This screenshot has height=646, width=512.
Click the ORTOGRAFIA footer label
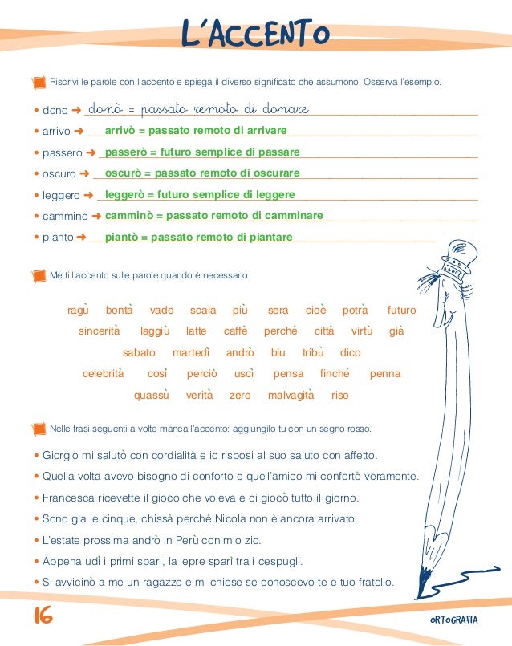[x=453, y=619]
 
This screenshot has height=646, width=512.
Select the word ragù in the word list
[x=77, y=310]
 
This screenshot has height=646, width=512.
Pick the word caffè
[x=235, y=331]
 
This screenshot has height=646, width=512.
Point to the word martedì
[x=191, y=352]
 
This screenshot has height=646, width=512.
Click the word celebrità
[x=104, y=373]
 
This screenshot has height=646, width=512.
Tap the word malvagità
[x=291, y=395]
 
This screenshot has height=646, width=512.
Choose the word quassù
[x=151, y=395]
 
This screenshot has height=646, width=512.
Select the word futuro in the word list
[x=401, y=310]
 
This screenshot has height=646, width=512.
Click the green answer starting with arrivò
[x=196, y=130]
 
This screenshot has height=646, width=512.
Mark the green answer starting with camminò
[x=213, y=215]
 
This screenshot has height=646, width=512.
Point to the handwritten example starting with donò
[x=198, y=108]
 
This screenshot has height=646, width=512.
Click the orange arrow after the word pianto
[x=81, y=238]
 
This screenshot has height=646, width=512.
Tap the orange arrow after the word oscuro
[x=84, y=173]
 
